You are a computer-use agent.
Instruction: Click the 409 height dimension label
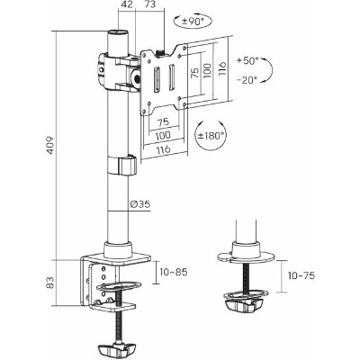coord(50,146)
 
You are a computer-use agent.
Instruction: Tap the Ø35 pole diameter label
coord(140,204)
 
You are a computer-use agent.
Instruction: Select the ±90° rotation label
coord(193,22)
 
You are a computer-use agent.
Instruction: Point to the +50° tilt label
coord(247,60)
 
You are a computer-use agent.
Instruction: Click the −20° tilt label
coord(247,80)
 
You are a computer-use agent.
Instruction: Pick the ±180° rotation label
coord(211,136)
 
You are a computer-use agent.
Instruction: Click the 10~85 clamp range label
coord(174,272)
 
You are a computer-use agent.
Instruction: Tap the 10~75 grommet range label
coord(301,275)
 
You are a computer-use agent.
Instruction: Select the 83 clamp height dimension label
coord(50,283)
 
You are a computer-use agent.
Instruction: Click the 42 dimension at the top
coord(127,5)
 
